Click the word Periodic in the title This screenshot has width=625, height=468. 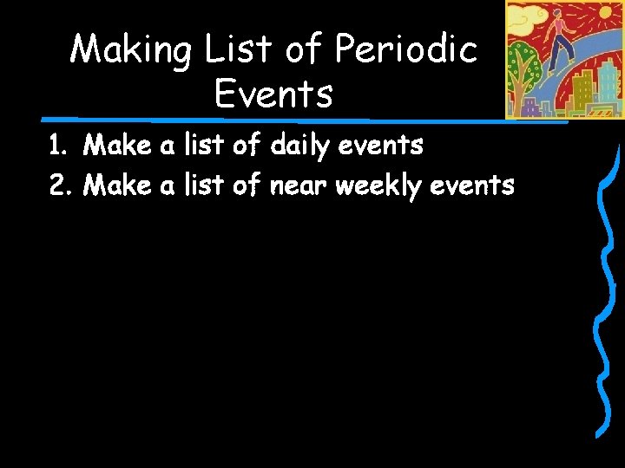click(x=406, y=49)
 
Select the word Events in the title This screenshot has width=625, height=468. click(x=273, y=94)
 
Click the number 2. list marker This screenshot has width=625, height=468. click(x=59, y=185)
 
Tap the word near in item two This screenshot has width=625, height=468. click(x=300, y=185)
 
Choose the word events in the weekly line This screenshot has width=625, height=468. click(x=474, y=185)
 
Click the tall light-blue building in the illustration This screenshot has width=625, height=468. click(x=608, y=83)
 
